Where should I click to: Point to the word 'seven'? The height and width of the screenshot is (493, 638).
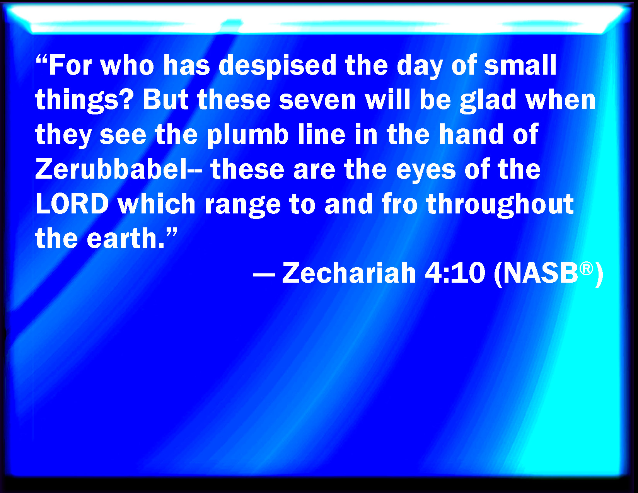coord(317,101)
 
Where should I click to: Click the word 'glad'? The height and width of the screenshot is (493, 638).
coord(488,100)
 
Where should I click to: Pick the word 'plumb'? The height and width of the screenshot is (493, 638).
coord(248,135)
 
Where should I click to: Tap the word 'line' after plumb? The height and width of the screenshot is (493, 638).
coord(322,134)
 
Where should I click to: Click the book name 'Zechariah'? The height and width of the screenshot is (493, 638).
coord(349,273)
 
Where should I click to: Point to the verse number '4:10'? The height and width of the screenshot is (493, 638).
coord(455,273)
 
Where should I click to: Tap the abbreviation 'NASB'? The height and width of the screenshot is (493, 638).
coord(540,273)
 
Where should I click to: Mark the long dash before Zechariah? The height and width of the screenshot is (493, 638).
coord(264,276)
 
